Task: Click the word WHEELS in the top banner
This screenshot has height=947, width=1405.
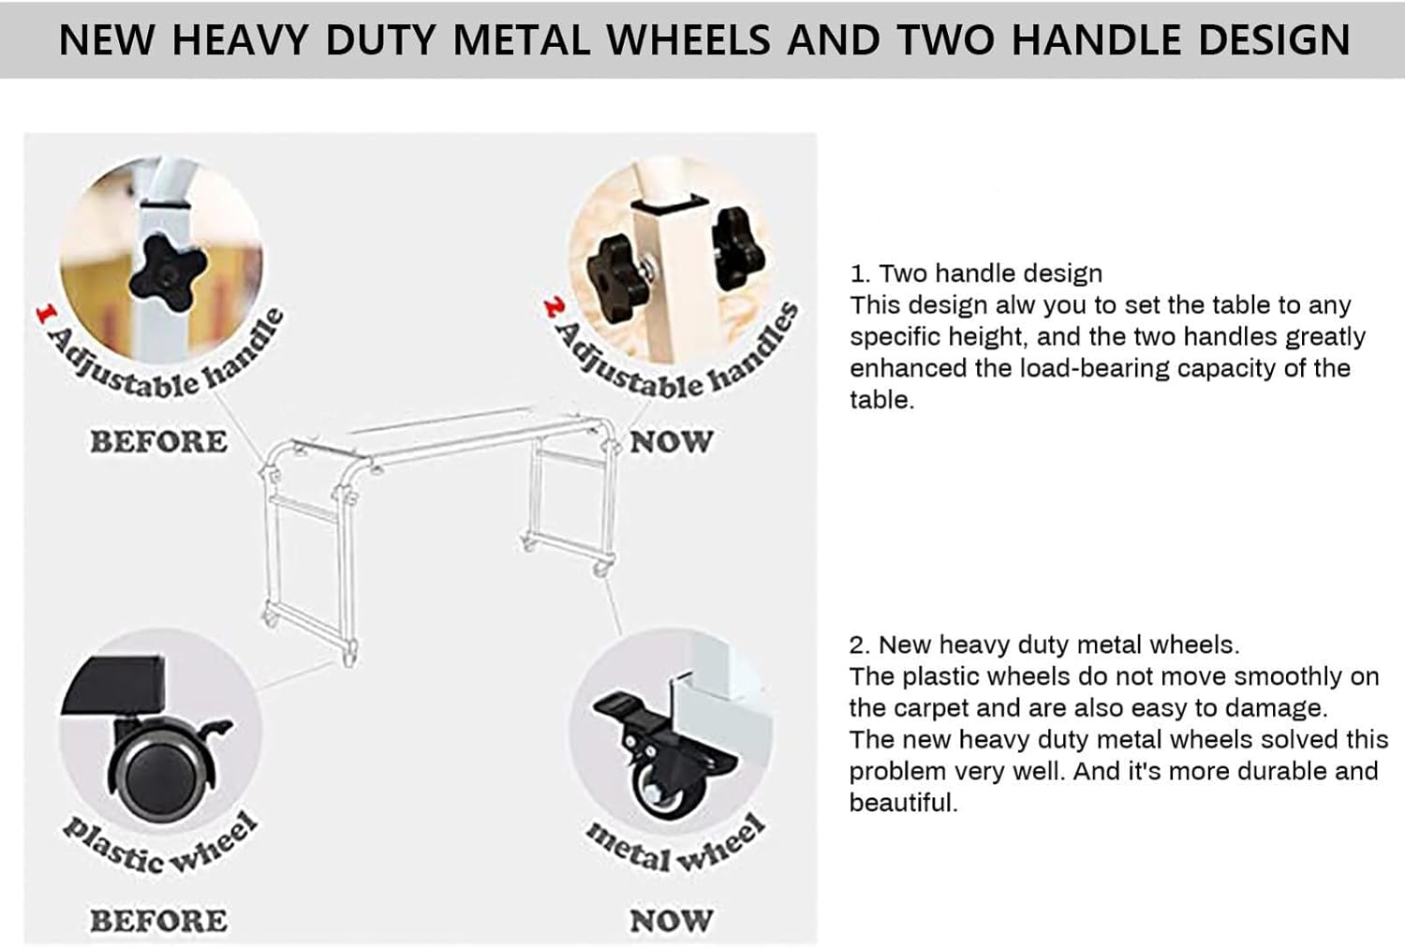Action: [688, 39]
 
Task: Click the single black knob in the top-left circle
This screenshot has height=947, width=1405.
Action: [168, 274]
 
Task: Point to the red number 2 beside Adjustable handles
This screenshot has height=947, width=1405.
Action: [555, 306]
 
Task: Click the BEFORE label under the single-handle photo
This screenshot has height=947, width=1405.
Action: [158, 441]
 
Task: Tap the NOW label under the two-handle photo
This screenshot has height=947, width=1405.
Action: [672, 441]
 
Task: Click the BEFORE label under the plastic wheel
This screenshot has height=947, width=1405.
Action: [158, 921]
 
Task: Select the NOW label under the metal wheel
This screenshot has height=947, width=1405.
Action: [672, 921]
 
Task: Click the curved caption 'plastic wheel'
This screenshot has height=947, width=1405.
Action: [160, 847]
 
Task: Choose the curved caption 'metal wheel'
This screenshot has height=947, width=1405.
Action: [675, 847]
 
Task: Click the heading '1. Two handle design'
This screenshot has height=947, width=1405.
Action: [976, 274]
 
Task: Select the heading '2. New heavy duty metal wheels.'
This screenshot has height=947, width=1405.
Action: [1044, 644]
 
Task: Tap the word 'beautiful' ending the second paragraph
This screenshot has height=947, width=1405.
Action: [903, 803]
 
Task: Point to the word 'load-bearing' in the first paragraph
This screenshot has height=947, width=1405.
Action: [1095, 369]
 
